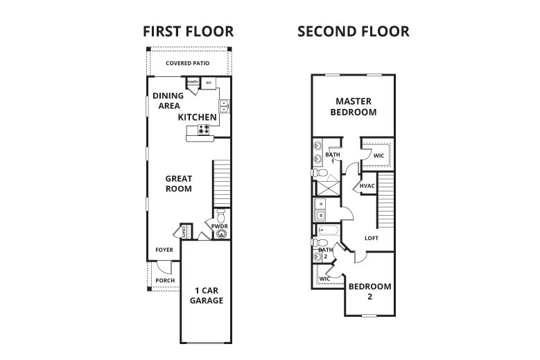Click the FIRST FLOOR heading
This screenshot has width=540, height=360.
click(x=187, y=31)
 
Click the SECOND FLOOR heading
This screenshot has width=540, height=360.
click(x=353, y=31)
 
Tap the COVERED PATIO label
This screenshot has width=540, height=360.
click(x=187, y=63)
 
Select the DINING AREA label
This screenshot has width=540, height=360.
click(x=166, y=101)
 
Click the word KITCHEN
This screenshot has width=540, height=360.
click(x=198, y=117)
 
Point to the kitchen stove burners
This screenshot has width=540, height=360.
click(x=204, y=129)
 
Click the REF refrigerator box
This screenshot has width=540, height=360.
click(x=209, y=83)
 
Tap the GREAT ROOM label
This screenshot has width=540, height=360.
click(x=178, y=183)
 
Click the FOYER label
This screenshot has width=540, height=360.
click(x=164, y=250)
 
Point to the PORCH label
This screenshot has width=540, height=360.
click(x=164, y=280)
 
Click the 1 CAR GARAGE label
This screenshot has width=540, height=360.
click(x=206, y=295)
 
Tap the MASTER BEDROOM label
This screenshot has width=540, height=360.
click(x=353, y=106)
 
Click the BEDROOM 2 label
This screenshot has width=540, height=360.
click(x=369, y=291)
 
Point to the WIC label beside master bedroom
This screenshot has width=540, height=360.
click(x=378, y=156)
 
